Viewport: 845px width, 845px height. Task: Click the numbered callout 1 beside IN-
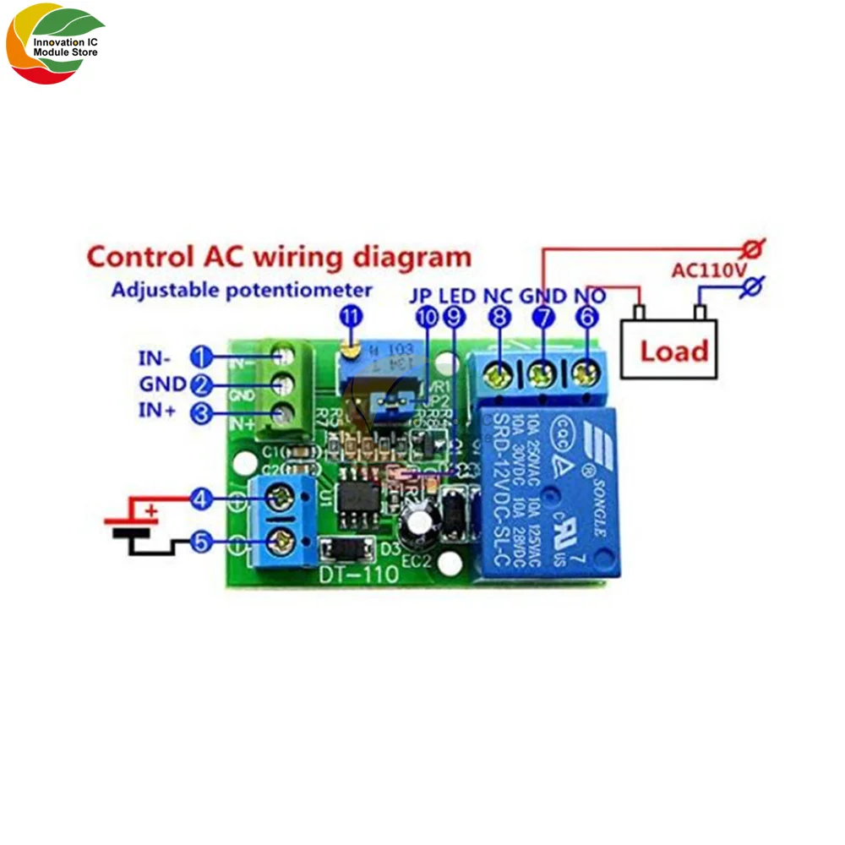pos(201,357)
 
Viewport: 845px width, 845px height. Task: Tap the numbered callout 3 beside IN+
pos(201,412)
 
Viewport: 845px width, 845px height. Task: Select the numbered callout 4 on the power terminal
pos(200,499)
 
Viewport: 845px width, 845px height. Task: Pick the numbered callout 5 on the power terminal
pos(200,542)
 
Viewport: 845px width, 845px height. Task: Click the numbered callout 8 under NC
pos(499,317)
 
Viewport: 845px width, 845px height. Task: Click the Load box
pos(673,348)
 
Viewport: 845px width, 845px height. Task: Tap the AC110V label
pos(708,271)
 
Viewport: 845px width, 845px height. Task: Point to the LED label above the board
pos(458,297)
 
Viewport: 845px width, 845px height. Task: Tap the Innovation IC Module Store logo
pos(55,46)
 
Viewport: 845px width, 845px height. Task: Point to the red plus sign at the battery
pos(151,510)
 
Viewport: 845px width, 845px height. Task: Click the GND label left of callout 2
pos(162,384)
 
